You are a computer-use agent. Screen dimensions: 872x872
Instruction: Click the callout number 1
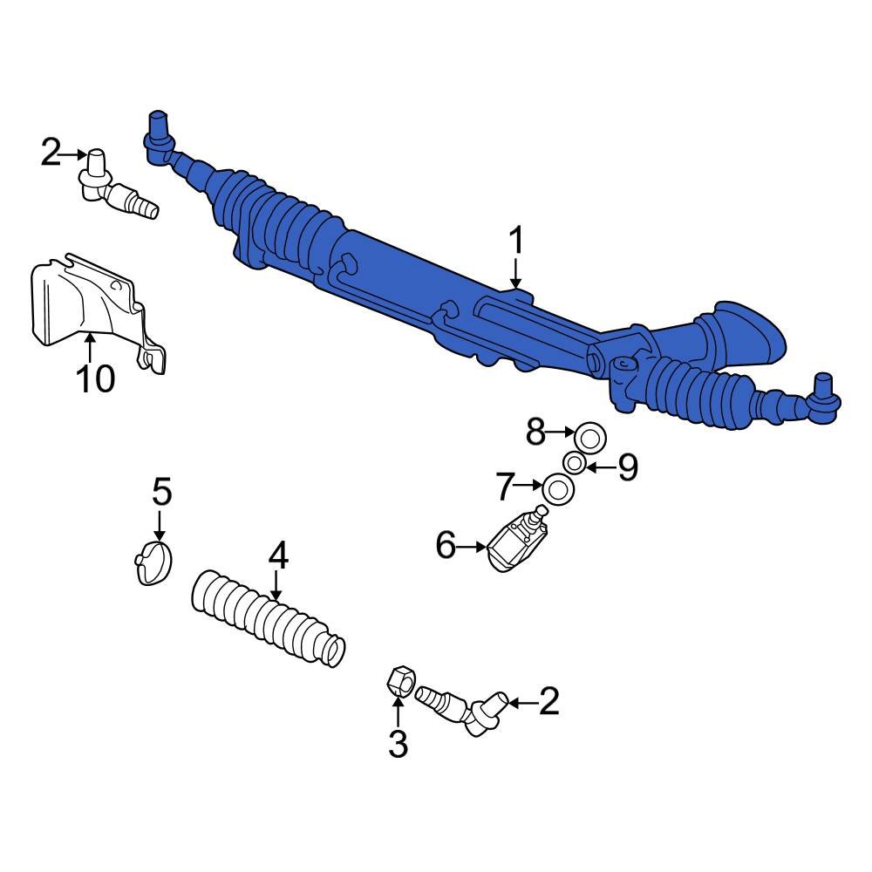pyautogui.click(x=516, y=241)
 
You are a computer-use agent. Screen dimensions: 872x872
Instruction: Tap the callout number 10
pyautogui.click(x=93, y=378)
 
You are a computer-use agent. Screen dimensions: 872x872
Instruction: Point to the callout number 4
pyautogui.click(x=277, y=555)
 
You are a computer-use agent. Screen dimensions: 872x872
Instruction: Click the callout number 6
pyautogui.click(x=446, y=547)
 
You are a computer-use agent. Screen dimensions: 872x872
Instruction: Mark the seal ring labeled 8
pyautogui.click(x=590, y=433)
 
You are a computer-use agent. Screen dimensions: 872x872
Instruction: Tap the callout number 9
pyautogui.click(x=628, y=468)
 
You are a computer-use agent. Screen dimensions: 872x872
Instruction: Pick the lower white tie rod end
pyautogui.click(x=462, y=706)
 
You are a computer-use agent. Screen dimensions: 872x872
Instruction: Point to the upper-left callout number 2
pyautogui.click(x=51, y=154)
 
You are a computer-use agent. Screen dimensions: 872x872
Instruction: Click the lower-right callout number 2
pyautogui.click(x=548, y=701)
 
